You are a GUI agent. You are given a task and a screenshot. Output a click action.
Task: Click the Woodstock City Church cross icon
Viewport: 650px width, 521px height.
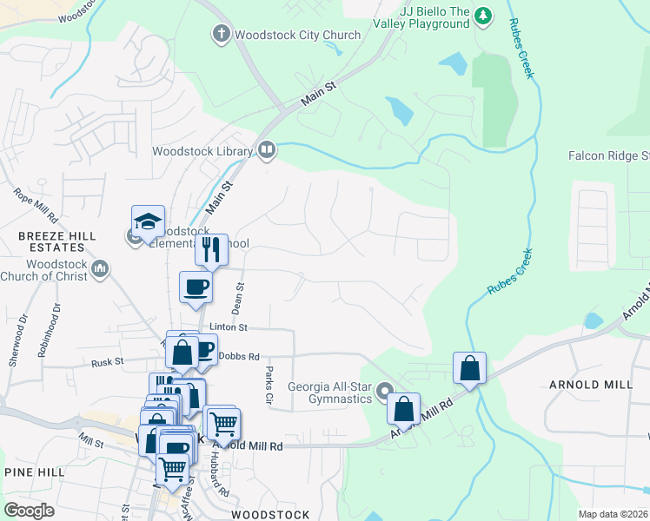pyautogui.click(x=221, y=35)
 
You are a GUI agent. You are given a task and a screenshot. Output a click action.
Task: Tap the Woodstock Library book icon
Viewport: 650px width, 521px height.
pyautogui.click(x=267, y=151)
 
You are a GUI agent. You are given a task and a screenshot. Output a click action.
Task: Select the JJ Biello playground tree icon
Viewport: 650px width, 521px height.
pyautogui.click(x=483, y=16)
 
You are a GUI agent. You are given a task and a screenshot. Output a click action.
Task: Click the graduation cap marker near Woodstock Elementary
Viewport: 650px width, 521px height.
pyautogui.click(x=149, y=222)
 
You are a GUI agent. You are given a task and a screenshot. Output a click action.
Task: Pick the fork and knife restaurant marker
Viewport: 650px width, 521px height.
pyautogui.click(x=211, y=250)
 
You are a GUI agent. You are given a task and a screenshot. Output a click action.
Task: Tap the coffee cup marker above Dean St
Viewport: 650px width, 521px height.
pyautogui.click(x=196, y=287)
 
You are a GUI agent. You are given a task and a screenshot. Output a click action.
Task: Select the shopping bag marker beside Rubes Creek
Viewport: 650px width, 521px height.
pyautogui.click(x=469, y=367)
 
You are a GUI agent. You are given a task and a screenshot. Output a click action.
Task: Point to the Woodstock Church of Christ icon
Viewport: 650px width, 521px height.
pyautogui.click(x=102, y=270)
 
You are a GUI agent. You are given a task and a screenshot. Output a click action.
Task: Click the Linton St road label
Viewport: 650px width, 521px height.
pyautogui.click(x=229, y=327)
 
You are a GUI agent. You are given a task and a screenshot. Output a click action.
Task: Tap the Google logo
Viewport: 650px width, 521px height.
pyautogui.click(x=30, y=510)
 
